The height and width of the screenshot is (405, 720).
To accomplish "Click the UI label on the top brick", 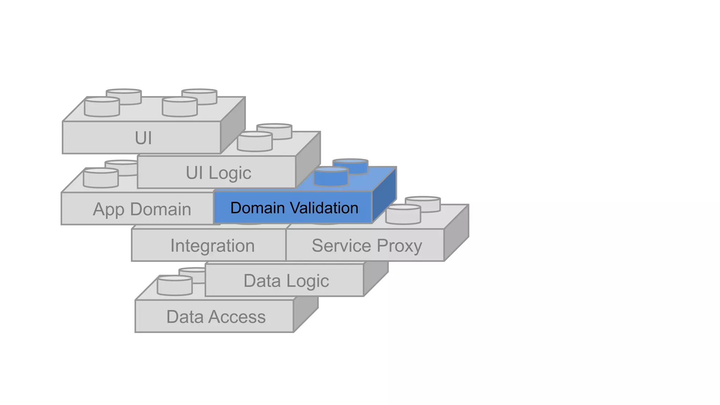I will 143,138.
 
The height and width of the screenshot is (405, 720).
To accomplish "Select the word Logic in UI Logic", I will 230,173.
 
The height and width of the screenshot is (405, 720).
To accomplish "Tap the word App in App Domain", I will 108,210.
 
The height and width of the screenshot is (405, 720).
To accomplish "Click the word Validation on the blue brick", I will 324,208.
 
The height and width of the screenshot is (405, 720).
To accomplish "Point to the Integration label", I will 212,245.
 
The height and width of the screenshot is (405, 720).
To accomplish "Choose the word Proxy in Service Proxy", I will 399,246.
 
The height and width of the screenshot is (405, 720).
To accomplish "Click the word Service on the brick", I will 341,245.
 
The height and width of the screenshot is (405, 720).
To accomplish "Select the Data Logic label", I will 286,281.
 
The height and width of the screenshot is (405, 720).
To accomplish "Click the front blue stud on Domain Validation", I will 331,176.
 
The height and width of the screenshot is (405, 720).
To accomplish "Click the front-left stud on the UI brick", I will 102,107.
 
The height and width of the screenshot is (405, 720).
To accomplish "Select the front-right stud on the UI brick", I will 180,107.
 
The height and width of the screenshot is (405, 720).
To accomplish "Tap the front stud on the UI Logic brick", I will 255,142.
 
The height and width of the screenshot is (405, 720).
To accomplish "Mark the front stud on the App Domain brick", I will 101,178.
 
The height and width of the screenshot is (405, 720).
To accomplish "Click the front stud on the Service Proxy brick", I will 403,214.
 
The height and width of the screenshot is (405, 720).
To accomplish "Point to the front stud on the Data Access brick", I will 175,285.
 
